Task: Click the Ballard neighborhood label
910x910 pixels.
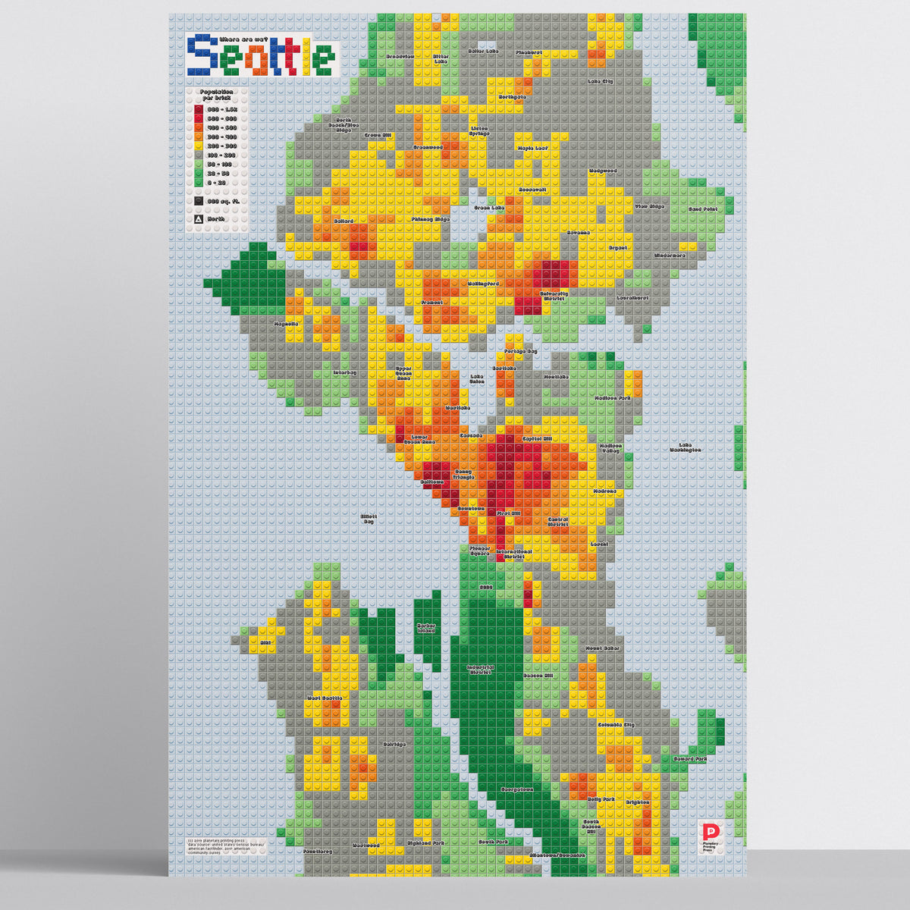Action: coord(344,221)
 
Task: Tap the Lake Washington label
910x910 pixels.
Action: coord(685,447)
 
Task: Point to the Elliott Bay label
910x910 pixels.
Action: coord(369,519)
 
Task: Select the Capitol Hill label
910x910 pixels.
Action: coord(538,438)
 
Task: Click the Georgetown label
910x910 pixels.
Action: coord(516,789)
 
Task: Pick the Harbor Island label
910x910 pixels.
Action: coord(426,628)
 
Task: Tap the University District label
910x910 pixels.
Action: coord(554,296)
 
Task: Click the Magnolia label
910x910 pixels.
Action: coord(287,323)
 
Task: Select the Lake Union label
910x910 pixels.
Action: coord(477,378)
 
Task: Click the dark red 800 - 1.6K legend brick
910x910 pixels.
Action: coord(198,109)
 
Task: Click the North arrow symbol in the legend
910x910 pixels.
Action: coord(198,218)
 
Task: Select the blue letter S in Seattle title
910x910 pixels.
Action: coord(203,55)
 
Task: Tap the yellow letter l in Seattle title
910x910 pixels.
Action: coord(307,55)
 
